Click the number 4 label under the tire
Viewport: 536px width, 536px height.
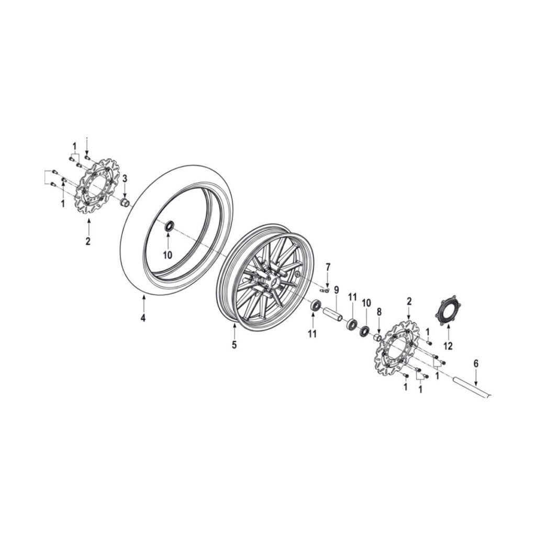(143, 318)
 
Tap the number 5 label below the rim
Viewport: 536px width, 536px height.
(234, 345)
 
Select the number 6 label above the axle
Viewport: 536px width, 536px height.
(476, 364)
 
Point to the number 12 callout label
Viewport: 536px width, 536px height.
(448, 346)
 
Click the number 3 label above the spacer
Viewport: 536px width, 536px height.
(125, 178)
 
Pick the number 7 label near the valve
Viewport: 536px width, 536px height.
(328, 266)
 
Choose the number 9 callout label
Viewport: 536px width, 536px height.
(337, 290)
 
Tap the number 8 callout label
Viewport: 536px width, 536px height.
(379, 312)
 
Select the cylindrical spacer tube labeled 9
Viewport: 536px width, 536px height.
(333, 315)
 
